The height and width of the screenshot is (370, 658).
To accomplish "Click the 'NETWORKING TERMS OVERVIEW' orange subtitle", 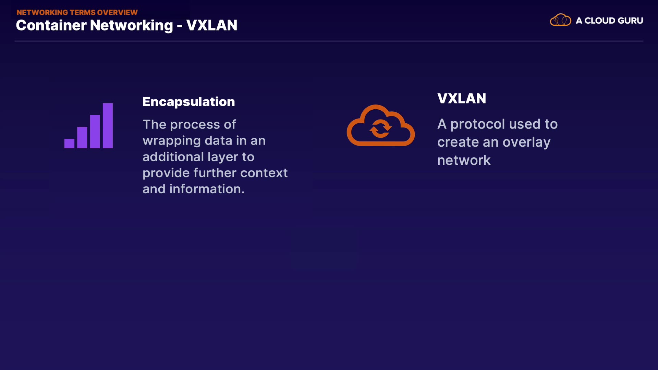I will click(77, 13).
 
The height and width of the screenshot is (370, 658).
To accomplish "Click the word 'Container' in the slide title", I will click(51, 26).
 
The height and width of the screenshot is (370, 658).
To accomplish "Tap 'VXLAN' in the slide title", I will click(211, 26).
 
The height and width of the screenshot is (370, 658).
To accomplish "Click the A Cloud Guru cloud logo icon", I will click(560, 20).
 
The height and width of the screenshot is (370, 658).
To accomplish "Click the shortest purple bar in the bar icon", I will click(69, 143).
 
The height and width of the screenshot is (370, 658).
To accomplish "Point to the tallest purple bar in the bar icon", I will click(108, 125).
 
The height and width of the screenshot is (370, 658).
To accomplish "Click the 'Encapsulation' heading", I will click(188, 102).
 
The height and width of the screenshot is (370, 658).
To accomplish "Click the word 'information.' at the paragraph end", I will click(207, 189).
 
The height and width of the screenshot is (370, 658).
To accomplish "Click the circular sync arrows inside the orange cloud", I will click(380, 129).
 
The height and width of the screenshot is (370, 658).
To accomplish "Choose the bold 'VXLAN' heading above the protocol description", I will click(461, 99).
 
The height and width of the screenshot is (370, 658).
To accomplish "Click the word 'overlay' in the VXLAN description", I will click(526, 143).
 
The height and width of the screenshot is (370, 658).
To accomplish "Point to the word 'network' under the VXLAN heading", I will click(464, 160).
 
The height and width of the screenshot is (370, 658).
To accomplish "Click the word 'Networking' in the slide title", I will click(131, 26).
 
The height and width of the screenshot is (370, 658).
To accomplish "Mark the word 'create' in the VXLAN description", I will click(458, 142).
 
